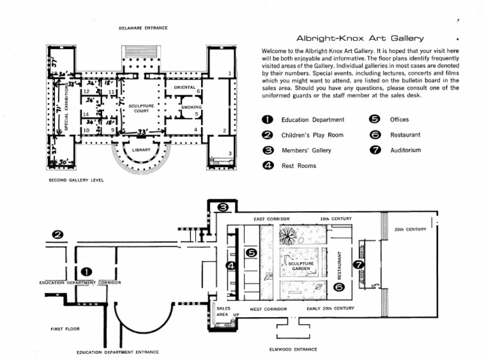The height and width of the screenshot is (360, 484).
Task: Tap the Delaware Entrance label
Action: coord(143,28)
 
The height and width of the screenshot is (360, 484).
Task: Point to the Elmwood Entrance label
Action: coord(292,349)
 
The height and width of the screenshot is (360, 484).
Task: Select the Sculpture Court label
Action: coord(141,108)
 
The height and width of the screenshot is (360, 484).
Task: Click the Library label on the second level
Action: coord(141,150)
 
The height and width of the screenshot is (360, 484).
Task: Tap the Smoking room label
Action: coord(191,107)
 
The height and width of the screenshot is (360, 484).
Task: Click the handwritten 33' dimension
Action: coord(142,131)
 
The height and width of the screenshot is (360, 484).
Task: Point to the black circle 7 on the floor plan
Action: coord(359,265)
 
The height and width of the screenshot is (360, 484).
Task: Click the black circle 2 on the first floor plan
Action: coord(58,235)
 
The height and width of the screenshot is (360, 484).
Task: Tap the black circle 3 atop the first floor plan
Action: coord(222,207)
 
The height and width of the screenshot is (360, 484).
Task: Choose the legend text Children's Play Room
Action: coord(312,135)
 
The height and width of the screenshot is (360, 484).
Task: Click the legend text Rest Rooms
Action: coord(299,166)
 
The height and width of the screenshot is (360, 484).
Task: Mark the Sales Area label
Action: coord(224,311)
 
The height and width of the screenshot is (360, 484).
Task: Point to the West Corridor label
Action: coord(268,309)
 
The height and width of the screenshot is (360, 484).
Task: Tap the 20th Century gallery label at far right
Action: coord(410,229)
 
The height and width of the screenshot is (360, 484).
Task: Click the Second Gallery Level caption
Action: coord(76,180)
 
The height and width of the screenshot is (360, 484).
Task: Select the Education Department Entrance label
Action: coord(118,352)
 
